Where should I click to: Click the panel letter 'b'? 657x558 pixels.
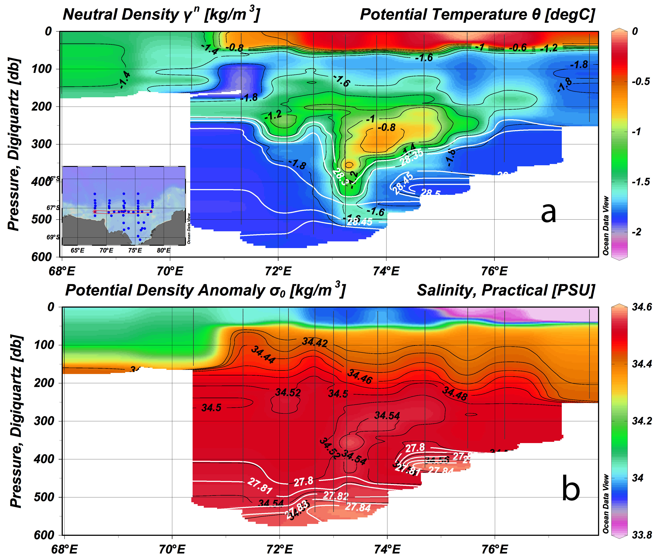[571, 489]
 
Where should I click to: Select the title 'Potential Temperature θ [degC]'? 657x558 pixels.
[477, 15]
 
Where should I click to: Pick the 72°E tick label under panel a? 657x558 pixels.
[278, 271]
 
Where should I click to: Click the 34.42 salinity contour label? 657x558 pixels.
[315, 342]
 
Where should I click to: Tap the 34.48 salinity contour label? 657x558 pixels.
[454, 394]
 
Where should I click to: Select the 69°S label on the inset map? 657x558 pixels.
[53, 237]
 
